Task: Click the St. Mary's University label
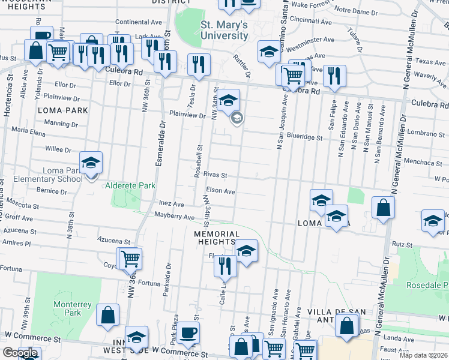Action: coord(224,30)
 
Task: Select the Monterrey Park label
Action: coord(72,308)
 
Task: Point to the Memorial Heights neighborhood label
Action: coord(217,238)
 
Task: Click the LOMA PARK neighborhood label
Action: coord(62,110)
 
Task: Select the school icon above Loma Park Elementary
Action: coord(91,163)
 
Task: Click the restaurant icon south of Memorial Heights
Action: coord(225,265)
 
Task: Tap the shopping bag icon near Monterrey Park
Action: coord(107,314)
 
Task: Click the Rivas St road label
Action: coord(215,175)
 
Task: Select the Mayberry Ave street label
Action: coord(174,216)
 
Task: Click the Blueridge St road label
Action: coord(305,137)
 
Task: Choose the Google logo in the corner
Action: coord(20,353)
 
